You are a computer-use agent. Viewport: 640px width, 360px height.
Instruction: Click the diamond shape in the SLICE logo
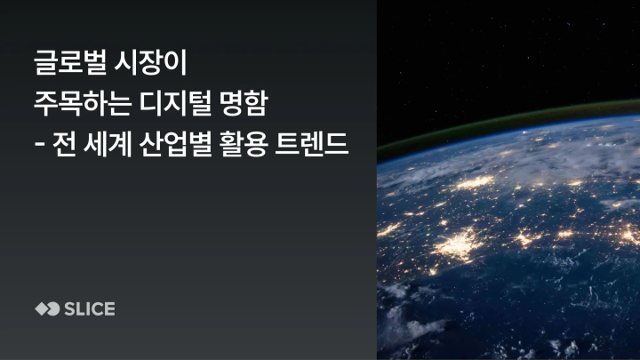pos(40,309)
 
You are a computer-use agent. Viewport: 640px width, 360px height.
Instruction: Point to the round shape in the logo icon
pos(52,309)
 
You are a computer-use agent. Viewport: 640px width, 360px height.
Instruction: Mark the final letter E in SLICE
pos(109,309)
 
